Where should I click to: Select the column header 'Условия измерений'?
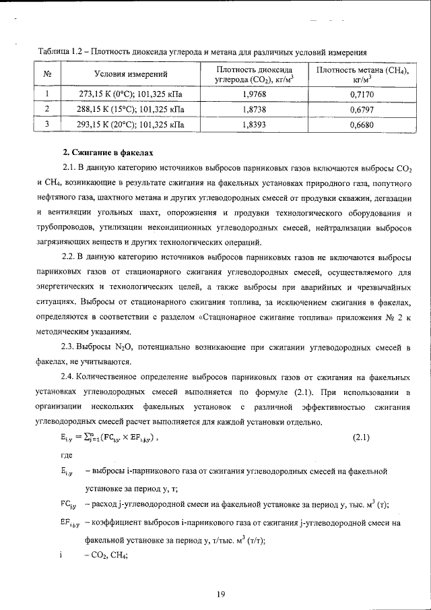[131, 73]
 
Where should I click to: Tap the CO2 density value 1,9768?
[255, 95]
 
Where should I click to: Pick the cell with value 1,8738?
[255, 109]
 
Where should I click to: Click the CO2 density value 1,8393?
[255, 124]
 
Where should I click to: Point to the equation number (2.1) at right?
[362, 437]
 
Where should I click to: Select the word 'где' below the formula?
[66, 456]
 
